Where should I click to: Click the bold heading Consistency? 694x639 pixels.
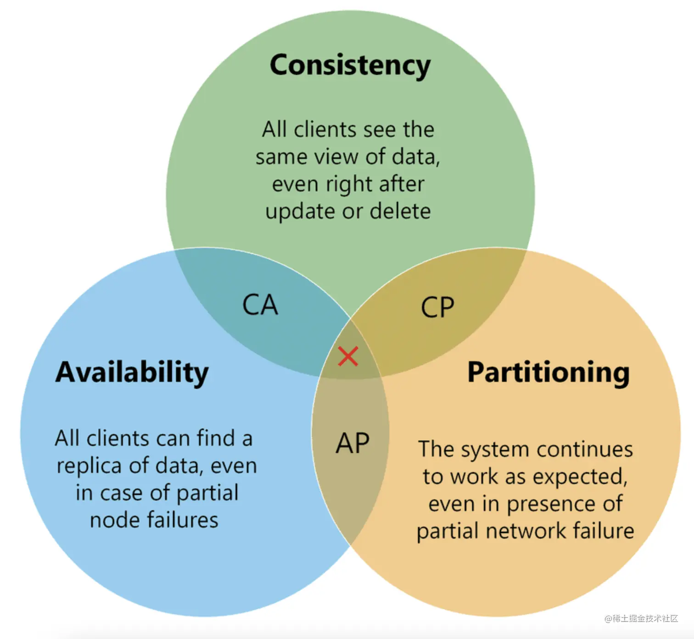click(350, 65)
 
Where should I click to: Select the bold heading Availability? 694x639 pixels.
click(132, 372)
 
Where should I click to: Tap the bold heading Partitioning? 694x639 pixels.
click(548, 372)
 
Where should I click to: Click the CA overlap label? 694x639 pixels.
click(260, 305)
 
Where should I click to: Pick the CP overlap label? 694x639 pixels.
click(437, 307)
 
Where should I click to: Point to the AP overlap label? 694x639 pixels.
click(353, 444)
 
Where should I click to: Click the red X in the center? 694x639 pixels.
click(348, 356)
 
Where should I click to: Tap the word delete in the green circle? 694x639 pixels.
click(400, 211)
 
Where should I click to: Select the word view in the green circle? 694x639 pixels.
click(340, 157)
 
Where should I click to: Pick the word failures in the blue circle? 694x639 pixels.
click(182, 520)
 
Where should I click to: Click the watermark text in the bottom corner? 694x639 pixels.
click(641, 618)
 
